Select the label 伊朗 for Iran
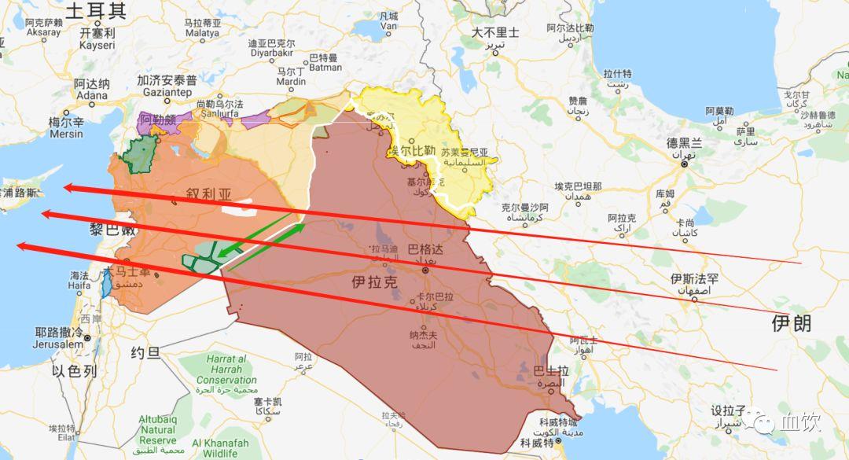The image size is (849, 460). (x=791, y=322)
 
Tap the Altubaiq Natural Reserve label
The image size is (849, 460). (x=158, y=430)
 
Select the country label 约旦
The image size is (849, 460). (x=146, y=353)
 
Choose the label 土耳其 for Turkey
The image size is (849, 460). (x=95, y=10)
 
